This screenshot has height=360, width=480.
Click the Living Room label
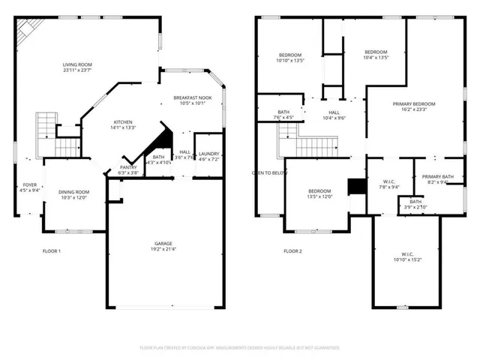pyautogui.click(x=76, y=65)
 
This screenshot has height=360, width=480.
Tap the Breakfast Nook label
pyautogui.click(x=192, y=97)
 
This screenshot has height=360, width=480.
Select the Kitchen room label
pyautogui.click(x=124, y=122)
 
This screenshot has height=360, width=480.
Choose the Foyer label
pyautogui.click(x=29, y=184)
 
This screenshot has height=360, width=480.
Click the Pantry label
pyautogui.click(x=128, y=168)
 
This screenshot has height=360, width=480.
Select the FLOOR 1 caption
pyautogui.click(x=51, y=250)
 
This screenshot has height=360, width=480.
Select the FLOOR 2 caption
pyautogui.click(x=292, y=250)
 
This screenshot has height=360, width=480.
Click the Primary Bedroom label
pyautogui.click(x=413, y=104)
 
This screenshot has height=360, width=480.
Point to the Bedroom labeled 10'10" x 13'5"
pyautogui.click(x=290, y=55)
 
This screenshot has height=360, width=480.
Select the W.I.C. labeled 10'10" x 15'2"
pyautogui.click(x=403, y=255)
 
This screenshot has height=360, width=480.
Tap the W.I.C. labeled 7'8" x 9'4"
pyautogui.click(x=389, y=181)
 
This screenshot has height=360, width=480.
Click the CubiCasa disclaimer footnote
pyautogui.click(x=240, y=348)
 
